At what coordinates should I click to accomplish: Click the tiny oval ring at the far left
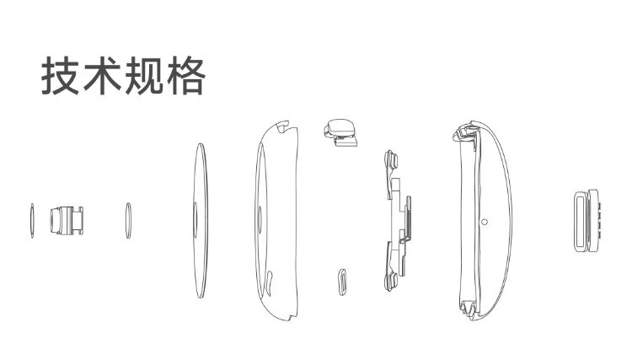(31, 222)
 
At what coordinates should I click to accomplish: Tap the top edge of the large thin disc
(198, 147)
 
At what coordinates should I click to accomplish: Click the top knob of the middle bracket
(390, 159)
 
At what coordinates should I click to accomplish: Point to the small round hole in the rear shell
(484, 222)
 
